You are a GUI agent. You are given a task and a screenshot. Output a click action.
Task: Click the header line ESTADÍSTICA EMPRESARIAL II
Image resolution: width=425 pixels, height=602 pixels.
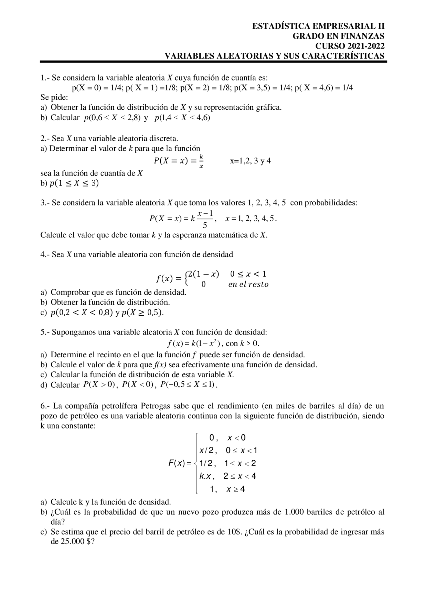pyautogui.click(x=318, y=27)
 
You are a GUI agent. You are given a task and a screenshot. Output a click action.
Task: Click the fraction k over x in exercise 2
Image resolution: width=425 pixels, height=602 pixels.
pyautogui.click(x=201, y=161)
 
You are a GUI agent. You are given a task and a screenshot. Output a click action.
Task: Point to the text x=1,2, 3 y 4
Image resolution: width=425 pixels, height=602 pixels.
pyautogui.click(x=250, y=161)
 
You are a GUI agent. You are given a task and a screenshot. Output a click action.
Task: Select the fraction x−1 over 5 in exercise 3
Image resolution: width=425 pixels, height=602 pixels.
pyautogui.click(x=205, y=219)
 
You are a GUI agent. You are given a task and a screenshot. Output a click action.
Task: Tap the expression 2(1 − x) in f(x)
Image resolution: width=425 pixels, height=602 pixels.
pyautogui.click(x=203, y=274)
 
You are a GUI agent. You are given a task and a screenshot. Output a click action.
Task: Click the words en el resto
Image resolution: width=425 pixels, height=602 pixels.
pyautogui.click(x=248, y=284)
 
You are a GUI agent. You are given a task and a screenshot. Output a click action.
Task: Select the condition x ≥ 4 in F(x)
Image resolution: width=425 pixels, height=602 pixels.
pyautogui.click(x=235, y=489)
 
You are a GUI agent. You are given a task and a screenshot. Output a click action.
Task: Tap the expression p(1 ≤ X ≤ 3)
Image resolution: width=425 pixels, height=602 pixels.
pyautogui.click(x=74, y=183)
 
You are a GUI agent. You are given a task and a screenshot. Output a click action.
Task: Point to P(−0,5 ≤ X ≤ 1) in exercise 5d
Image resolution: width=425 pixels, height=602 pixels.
pyautogui.click(x=188, y=385)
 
